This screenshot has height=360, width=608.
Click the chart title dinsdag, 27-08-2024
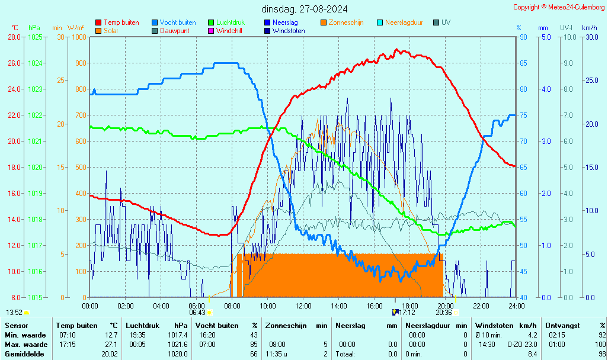click(305, 9)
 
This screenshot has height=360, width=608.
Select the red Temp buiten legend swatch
click(98, 22)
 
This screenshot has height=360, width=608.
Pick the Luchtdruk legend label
click(231, 22)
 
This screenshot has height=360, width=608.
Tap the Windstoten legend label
click(289, 31)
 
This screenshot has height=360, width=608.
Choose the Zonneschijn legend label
click(346, 22)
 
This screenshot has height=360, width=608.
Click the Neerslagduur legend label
click(404, 22)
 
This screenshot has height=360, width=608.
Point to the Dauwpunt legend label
click(175, 31)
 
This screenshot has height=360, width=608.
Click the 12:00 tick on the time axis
click(303, 306)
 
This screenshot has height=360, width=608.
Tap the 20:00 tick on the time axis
click(446, 306)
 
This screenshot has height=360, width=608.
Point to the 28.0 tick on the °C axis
click(14, 37)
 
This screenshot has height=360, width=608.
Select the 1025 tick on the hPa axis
click(35, 37)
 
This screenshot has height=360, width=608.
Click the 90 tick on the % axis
click(523, 37)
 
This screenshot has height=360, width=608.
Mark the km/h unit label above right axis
click(589, 28)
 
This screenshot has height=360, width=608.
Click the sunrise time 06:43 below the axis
click(197, 313)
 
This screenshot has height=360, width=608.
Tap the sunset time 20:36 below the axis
click(444, 313)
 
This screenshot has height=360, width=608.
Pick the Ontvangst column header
click(562, 326)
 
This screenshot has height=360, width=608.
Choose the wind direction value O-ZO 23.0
click(522, 345)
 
